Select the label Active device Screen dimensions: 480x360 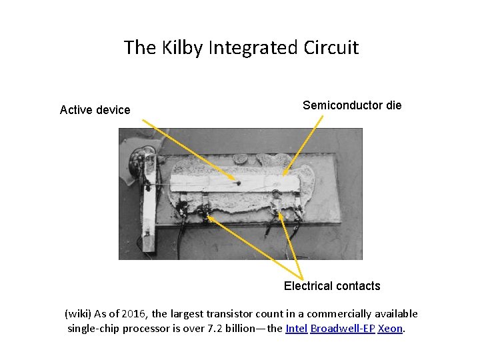click(95, 110)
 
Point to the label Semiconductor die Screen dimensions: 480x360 click(352, 105)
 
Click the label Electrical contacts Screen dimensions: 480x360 click(332, 286)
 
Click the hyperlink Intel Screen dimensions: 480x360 click(296, 329)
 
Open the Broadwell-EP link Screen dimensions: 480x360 click(343, 329)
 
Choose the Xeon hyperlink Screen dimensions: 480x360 click(391, 329)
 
